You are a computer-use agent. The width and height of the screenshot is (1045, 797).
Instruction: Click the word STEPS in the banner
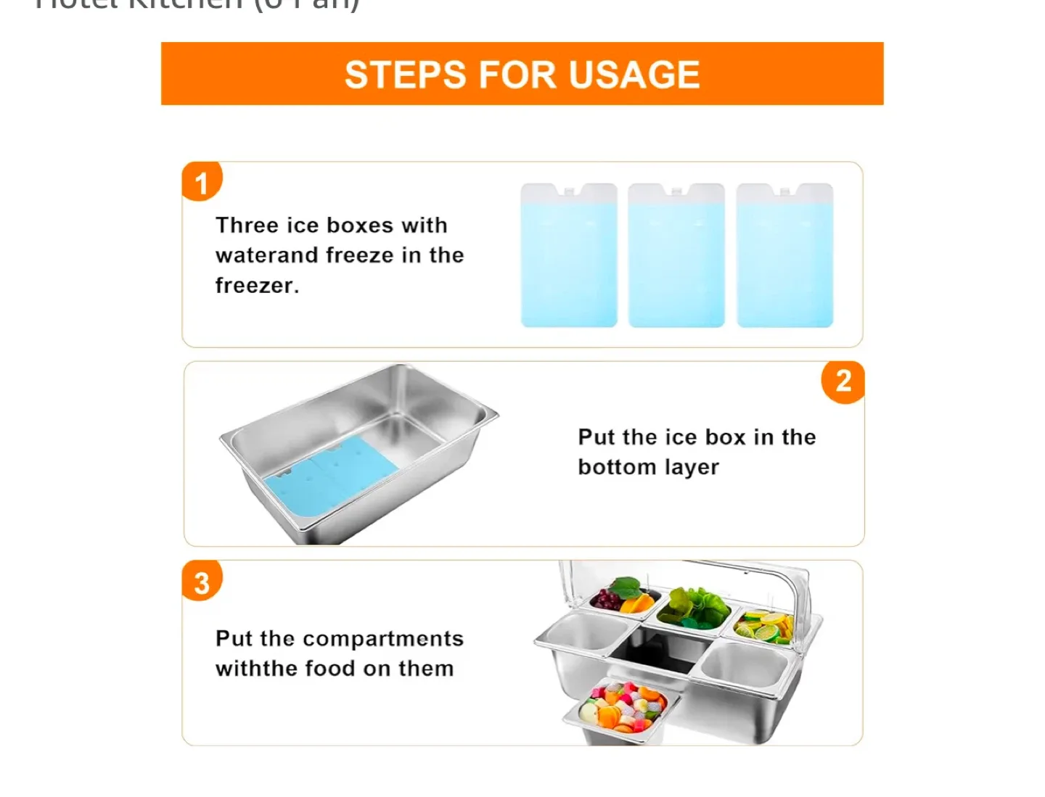405,75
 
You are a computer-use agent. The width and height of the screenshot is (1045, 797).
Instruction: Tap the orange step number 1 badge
202,182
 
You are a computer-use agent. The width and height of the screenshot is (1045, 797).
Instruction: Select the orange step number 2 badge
843,381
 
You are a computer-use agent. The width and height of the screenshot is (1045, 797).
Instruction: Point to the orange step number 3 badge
202,582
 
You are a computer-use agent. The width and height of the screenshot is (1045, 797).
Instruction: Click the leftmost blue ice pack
569,256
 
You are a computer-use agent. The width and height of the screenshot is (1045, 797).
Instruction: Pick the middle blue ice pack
676,256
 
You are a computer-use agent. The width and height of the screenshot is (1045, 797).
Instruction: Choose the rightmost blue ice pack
784,256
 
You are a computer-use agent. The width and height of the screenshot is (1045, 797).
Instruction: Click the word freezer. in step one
257,286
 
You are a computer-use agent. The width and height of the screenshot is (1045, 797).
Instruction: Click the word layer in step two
690,468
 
